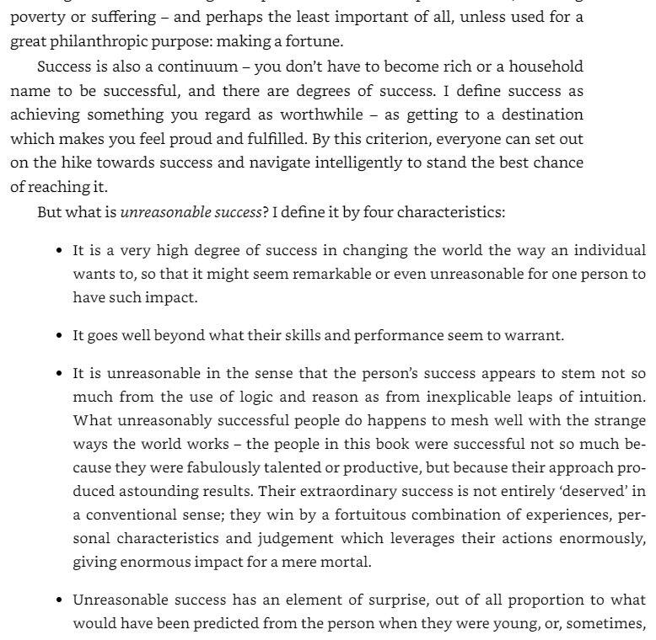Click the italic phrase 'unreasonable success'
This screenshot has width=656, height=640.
[191, 212]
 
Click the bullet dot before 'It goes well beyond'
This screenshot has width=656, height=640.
[59, 335]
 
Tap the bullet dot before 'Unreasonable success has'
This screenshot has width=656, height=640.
[59, 600]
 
